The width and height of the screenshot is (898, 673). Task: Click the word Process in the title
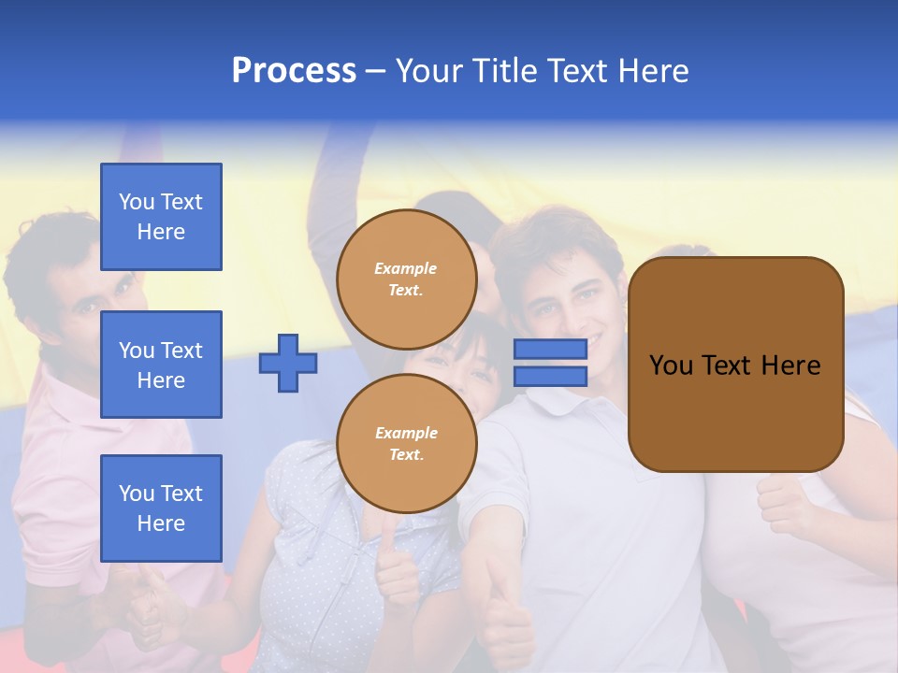[294, 71]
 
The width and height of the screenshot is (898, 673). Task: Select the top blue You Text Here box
[161, 217]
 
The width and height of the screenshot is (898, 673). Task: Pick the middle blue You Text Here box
[161, 365]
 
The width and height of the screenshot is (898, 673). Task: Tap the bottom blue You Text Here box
[161, 508]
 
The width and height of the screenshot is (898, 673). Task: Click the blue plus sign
[288, 363]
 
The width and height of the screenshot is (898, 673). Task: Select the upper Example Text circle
[406, 279]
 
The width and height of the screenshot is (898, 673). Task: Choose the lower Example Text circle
[406, 443]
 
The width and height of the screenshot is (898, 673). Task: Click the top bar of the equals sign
[550, 349]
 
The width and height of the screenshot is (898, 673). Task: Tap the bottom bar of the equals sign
[550, 377]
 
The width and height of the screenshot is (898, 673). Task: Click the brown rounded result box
[735, 365]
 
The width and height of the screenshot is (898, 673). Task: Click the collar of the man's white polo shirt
[552, 402]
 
